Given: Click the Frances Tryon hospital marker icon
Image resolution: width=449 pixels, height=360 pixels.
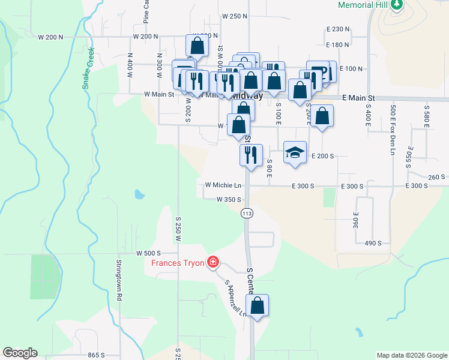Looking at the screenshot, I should coord(212,262).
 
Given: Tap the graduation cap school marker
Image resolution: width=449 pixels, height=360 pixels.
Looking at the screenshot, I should coord(295,152).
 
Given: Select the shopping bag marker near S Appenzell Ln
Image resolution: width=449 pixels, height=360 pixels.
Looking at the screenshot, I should coord(257,305).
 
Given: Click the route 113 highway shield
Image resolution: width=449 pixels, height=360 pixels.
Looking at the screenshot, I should coord(246,213).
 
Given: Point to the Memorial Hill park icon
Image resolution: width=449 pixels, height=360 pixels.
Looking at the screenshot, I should coord(396,5).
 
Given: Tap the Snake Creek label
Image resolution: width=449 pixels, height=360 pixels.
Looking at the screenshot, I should coord(88,68).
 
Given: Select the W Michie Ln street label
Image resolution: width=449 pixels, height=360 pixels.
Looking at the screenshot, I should coord(223,186).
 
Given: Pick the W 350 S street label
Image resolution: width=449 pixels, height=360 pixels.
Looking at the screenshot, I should coord(229,199).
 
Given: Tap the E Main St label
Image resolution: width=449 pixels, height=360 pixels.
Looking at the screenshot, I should coord(358,97).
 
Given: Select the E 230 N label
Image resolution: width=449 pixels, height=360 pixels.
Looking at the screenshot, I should coord(338,29).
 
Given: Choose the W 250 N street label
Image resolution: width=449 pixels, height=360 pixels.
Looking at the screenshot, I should coord(234,16).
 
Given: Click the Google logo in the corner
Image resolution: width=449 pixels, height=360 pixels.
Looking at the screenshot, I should coord(20,353).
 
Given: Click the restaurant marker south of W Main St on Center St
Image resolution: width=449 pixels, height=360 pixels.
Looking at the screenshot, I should coord(251,154).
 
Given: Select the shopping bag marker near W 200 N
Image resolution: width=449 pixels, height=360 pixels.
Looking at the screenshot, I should coord(197,44).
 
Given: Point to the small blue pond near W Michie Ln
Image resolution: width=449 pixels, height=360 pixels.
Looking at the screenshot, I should coord(139,194).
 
